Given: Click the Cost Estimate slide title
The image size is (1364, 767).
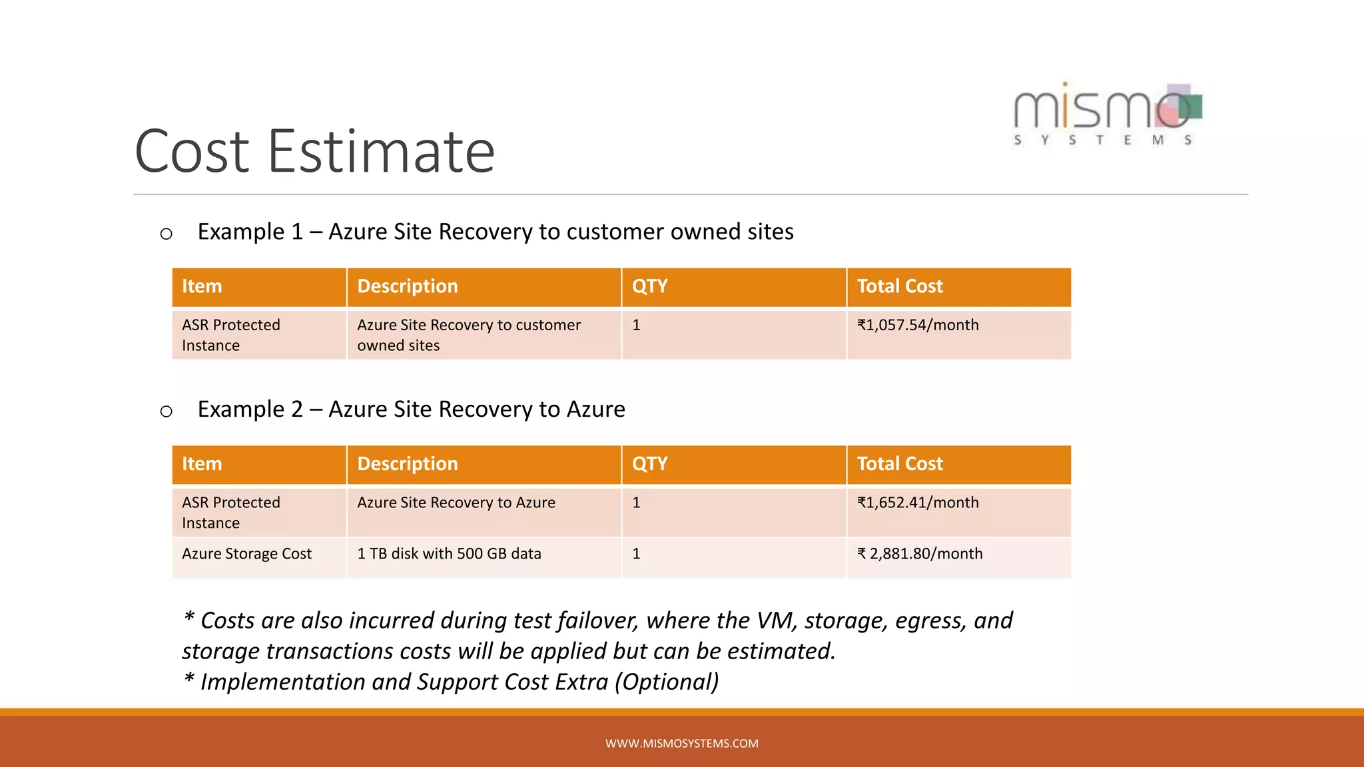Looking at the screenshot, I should (x=314, y=152).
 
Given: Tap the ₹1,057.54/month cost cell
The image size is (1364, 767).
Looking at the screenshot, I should (x=918, y=325).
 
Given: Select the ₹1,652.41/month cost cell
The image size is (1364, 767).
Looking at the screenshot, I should (x=918, y=503).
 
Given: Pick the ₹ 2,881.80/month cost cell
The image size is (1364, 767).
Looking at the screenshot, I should (x=920, y=554).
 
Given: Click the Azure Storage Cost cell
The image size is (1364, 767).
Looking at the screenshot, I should (x=246, y=554).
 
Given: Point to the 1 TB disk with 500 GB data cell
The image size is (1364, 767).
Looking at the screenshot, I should (x=449, y=554).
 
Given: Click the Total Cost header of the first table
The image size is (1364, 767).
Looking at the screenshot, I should (x=900, y=286).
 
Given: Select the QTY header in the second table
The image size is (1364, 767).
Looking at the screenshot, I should (x=649, y=464).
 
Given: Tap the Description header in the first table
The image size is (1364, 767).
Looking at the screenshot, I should (x=408, y=286).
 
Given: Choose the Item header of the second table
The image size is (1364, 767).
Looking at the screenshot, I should (x=202, y=464).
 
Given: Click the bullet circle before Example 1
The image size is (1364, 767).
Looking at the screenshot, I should (x=167, y=234).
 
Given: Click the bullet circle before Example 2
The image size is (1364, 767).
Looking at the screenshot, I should (x=167, y=411).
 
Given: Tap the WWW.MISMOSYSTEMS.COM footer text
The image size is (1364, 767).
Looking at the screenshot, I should (x=681, y=744).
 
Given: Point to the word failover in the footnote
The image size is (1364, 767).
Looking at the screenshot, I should (x=597, y=621).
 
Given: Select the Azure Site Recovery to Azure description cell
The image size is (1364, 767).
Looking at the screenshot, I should (x=456, y=503).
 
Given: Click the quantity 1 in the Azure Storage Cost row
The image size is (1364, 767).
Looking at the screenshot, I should (x=636, y=554).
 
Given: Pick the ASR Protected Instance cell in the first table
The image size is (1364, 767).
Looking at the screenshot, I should (x=230, y=335).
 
